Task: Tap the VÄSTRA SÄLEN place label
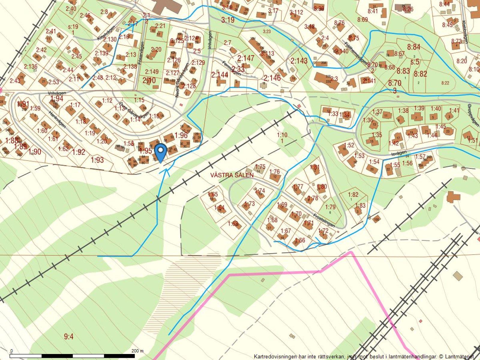(232, 175)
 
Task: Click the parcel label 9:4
(69, 337)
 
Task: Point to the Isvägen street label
(399, 153)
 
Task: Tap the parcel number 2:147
(246, 58)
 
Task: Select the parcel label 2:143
(299, 61)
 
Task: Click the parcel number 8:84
(414, 47)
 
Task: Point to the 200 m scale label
(137, 351)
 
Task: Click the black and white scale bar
(72, 356)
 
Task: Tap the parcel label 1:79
(330, 207)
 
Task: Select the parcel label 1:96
(181, 135)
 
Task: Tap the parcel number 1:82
(353, 194)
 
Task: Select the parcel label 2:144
(220, 74)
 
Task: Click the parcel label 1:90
(35, 151)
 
